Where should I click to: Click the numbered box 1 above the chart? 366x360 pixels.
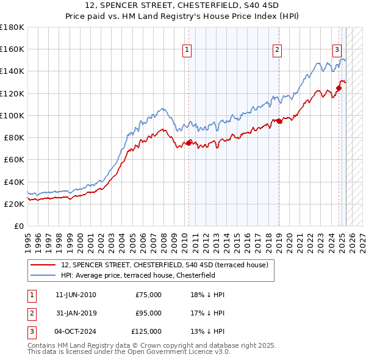point(186,51)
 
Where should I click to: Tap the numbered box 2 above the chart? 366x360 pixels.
point(277,51)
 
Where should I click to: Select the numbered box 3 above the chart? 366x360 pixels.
point(336,51)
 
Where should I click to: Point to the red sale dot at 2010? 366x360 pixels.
point(188,143)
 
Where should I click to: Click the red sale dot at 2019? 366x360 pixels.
point(279,121)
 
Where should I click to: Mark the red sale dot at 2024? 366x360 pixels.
point(339,88)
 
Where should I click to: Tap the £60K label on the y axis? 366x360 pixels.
point(14,159)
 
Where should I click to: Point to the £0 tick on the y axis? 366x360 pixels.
point(19,226)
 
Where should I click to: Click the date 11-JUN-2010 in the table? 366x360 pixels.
point(76,295)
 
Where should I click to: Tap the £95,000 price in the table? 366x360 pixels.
point(148,313)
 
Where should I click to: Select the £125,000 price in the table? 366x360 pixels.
point(146,331)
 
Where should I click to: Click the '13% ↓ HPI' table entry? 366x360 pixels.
point(207,331)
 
